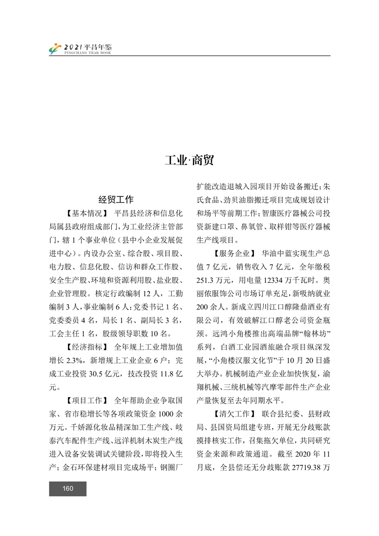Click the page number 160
point(67,488)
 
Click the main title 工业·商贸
point(189,161)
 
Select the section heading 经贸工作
point(116,200)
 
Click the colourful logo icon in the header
point(55,49)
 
